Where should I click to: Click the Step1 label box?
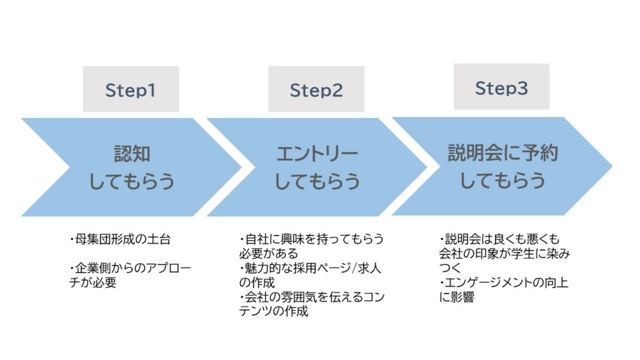click(131, 89)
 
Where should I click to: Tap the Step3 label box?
click(501, 87)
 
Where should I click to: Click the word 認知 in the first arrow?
click(132, 154)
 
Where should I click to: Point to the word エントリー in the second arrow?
click(317, 154)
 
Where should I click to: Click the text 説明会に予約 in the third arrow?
click(502, 152)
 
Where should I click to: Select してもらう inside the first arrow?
click(132, 181)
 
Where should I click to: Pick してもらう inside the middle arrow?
click(317, 181)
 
